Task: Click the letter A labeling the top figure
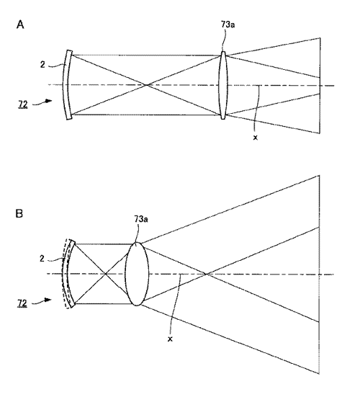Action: (x=20, y=24)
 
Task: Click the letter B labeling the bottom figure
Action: (x=19, y=214)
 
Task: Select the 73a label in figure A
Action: (x=228, y=24)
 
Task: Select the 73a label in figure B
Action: (x=141, y=219)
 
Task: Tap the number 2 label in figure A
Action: (x=42, y=65)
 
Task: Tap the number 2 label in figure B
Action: (x=42, y=259)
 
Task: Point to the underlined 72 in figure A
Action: (x=22, y=104)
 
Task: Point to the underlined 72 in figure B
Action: (x=22, y=303)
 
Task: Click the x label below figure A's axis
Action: (x=256, y=138)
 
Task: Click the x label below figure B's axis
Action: (x=170, y=339)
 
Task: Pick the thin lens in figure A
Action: (x=223, y=85)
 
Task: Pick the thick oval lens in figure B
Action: (x=137, y=274)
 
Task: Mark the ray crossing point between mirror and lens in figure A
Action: (x=146, y=85)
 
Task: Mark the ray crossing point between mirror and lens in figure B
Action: (x=105, y=274)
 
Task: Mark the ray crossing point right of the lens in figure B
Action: (x=206, y=274)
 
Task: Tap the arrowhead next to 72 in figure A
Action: (x=49, y=101)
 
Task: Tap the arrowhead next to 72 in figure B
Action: (x=48, y=300)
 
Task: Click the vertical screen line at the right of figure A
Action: (x=320, y=86)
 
